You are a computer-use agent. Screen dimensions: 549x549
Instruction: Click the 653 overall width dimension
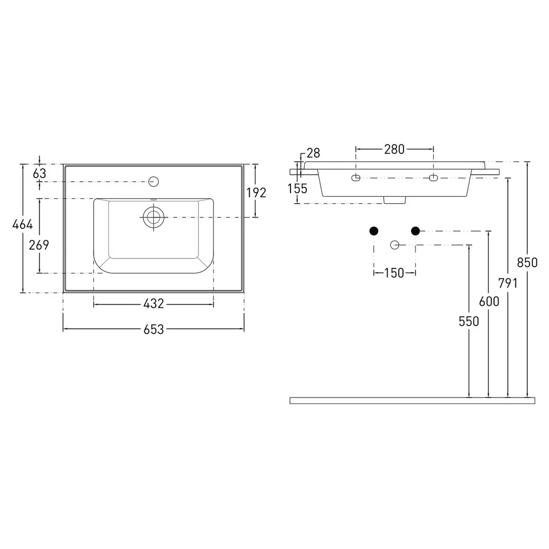[x=154, y=329]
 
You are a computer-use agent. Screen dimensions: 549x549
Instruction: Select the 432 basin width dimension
[x=154, y=304]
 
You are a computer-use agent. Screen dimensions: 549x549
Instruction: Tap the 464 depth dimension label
[x=23, y=224]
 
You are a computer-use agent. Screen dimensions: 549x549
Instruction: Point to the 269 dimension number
[x=39, y=245]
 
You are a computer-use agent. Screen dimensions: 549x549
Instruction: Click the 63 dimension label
[x=40, y=173]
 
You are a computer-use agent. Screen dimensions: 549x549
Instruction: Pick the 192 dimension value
[x=256, y=193]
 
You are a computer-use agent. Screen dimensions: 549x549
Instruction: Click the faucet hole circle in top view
[x=154, y=181]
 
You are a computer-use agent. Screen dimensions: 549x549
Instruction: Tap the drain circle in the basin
[x=153, y=217]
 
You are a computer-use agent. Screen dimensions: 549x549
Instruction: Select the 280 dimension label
[x=395, y=149]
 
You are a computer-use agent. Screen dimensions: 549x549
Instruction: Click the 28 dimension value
[x=313, y=153]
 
